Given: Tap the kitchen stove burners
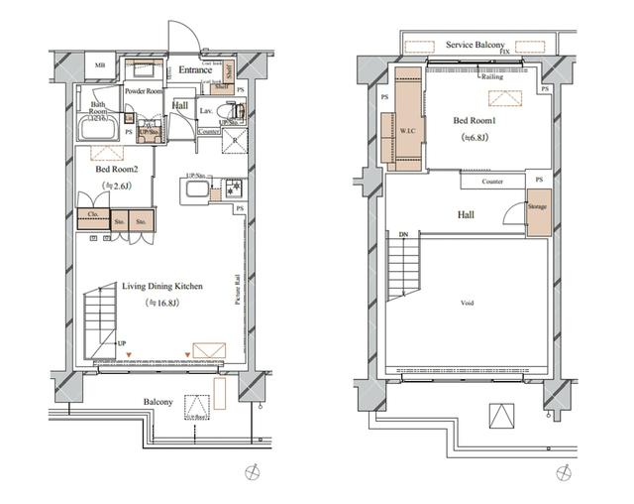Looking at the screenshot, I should coord(232,188).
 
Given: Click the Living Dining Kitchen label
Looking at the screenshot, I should coord(162,287).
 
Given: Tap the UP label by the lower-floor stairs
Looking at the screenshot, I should coord(122,343).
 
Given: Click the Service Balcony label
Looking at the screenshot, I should coord(475,46).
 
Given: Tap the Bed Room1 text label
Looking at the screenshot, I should coord(474,121).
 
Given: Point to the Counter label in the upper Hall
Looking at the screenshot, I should coord(492,182).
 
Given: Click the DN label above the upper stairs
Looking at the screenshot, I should coord(403,234).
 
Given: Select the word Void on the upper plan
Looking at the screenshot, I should coord(468,303).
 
